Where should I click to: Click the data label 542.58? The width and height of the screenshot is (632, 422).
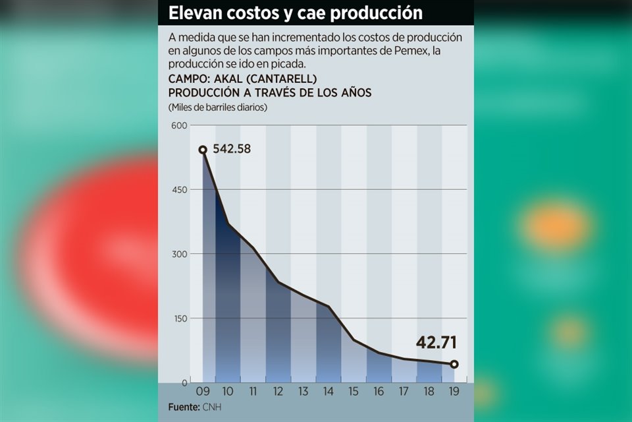click(x=231, y=149)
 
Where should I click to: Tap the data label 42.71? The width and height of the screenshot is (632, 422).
click(x=436, y=343)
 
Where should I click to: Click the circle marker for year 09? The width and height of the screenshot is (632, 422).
click(x=203, y=150)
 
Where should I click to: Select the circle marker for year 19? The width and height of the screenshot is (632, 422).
click(x=454, y=364)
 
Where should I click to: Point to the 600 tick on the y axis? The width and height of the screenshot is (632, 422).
click(x=179, y=125)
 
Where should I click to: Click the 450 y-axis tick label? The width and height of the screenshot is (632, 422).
click(x=179, y=190)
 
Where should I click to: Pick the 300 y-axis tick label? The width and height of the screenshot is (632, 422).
click(x=179, y=254)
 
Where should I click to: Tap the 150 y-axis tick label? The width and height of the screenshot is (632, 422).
click(x=179, y=318)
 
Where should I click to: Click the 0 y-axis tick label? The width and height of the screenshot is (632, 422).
click(x=184, y=382)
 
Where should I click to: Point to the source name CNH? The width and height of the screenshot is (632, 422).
click(x=211, y=407)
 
